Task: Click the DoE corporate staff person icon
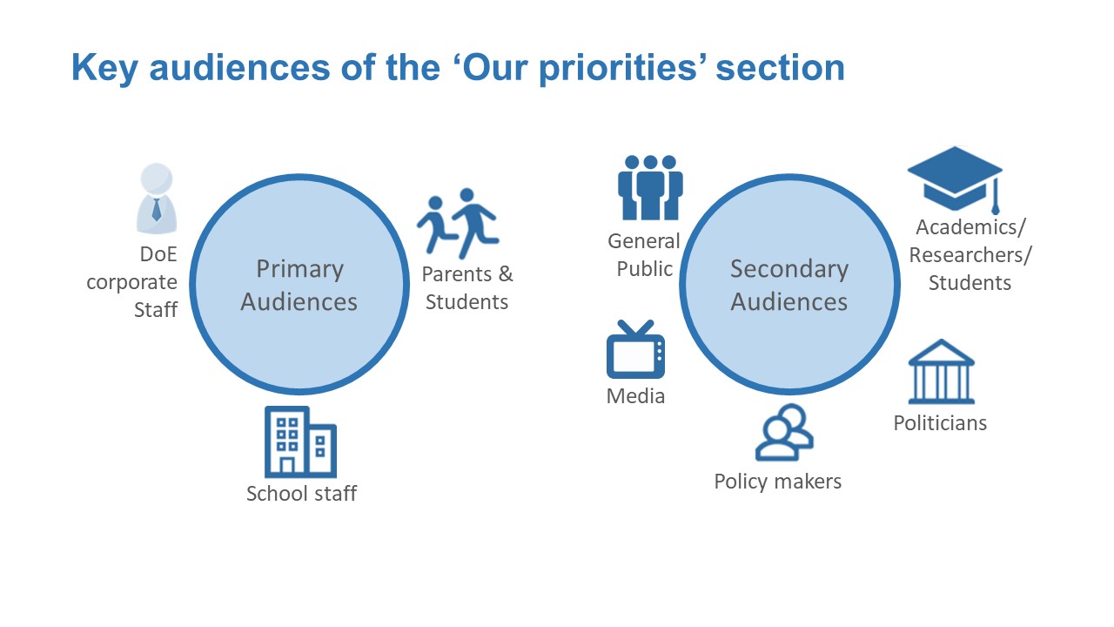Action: [157, 198]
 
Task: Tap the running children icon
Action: [458, 224]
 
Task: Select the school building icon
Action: [300, 442]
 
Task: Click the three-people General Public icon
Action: [650, 187]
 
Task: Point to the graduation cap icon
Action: [955, 179]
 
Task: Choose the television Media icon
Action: [635, 349]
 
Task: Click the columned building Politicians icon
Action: [942, 371]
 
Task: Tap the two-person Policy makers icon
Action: [784, 432]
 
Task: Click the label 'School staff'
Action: [301, 494]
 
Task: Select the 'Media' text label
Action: [635, 396]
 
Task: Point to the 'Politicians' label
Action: [940, 423]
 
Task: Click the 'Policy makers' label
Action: [778, 482]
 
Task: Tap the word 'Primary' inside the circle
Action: [300, 270]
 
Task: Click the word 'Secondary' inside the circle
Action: [789, 270]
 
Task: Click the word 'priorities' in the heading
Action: [618, 68]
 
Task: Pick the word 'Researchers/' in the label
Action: [970, 255]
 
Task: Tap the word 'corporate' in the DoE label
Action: [131, 283]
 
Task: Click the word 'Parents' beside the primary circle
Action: [457, 274]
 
